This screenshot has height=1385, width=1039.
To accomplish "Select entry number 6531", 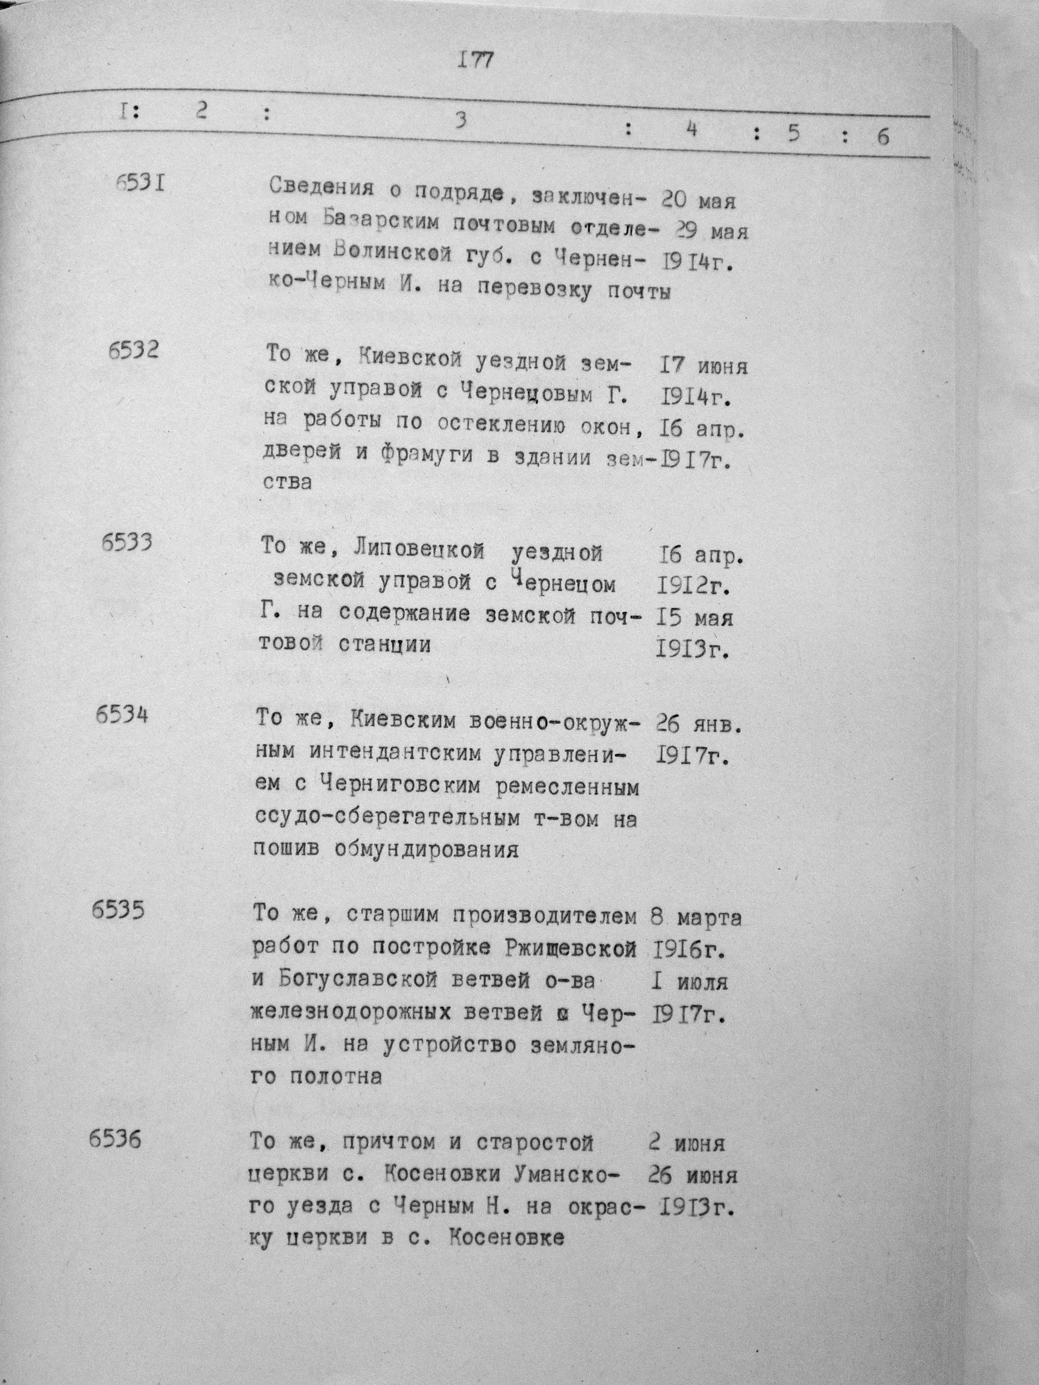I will click(140, 183).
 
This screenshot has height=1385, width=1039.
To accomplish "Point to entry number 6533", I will click(127, 542).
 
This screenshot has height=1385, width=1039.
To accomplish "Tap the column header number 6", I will click(882, 136).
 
